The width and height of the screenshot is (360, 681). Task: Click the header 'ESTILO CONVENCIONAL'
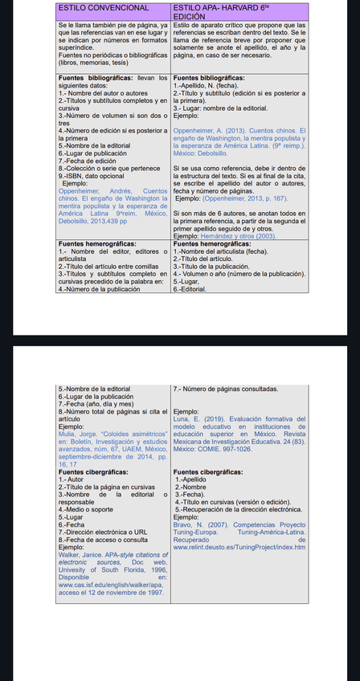pos(104,7)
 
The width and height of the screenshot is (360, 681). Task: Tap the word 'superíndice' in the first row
pos(75,47)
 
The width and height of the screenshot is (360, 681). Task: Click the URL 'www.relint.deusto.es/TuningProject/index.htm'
pos(239,548)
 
